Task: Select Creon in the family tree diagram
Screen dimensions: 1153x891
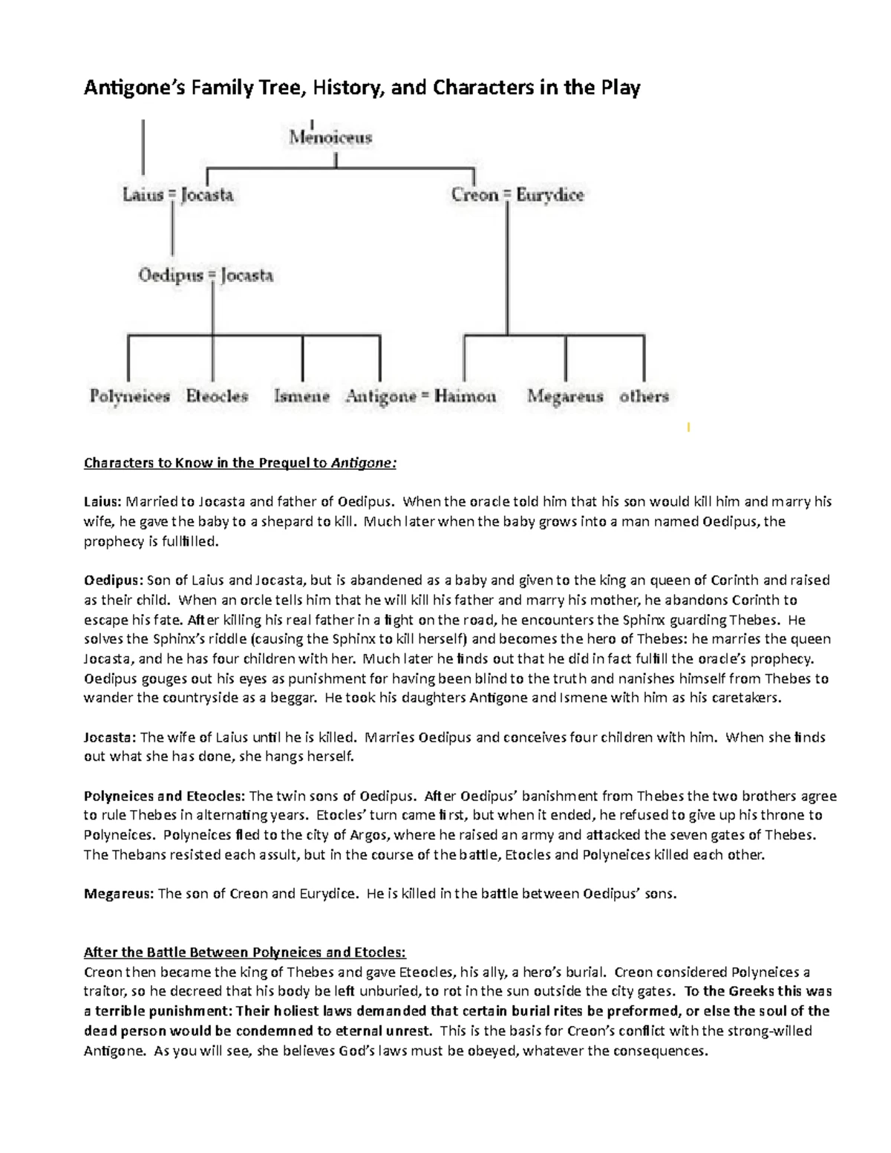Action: point(474,195)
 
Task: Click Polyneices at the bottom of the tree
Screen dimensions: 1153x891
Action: point(130,396)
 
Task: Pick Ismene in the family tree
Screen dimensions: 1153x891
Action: point(301,396)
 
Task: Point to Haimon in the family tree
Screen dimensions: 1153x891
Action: point(466,396)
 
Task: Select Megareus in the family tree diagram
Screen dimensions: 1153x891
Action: point(565,396)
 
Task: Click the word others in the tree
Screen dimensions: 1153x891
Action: point(644,396)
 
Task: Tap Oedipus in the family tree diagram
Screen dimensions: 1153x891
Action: point(171,275)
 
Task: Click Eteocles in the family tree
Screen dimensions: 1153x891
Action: point(217,396)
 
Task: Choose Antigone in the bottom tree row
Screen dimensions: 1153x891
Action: point(381,396)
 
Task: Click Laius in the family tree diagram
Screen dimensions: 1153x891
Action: point(143,195)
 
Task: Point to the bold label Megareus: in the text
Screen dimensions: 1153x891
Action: point(119,894)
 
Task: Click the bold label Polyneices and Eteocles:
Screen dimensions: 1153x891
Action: point(163,796)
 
